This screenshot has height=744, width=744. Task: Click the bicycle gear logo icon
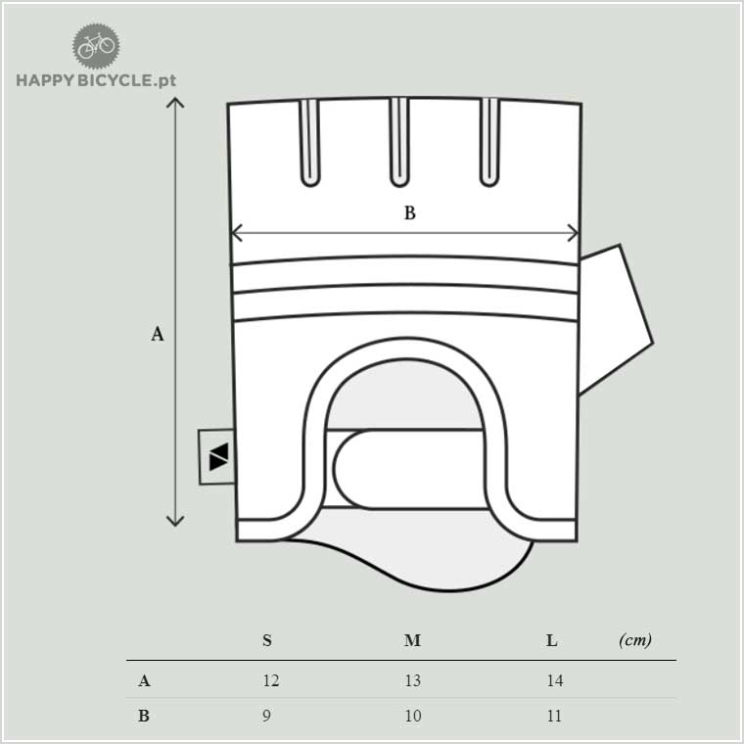point(96,46)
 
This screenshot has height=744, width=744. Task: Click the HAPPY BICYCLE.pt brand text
point(96,80)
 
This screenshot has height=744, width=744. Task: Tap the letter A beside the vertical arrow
point(157,334)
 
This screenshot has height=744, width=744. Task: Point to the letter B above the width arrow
point(410,212)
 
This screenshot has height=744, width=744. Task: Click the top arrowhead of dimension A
point(175,100)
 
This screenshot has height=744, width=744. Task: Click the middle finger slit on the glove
point(399,142)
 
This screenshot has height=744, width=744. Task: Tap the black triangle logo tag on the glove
point(217,457)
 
